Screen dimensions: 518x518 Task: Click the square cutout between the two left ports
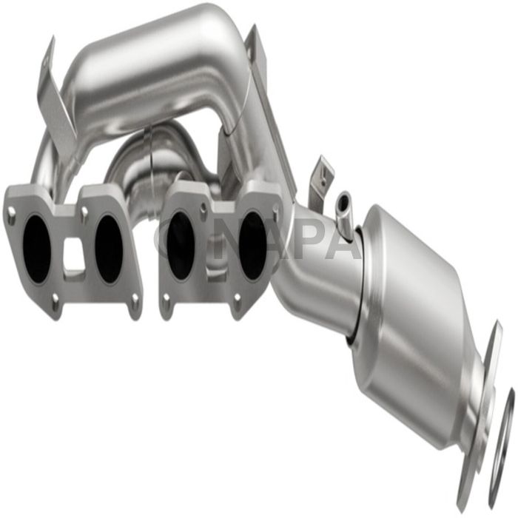pos(73,255)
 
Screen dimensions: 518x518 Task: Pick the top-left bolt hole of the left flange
pos(13,215)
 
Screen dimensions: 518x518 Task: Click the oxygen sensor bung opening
pos(343,200)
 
